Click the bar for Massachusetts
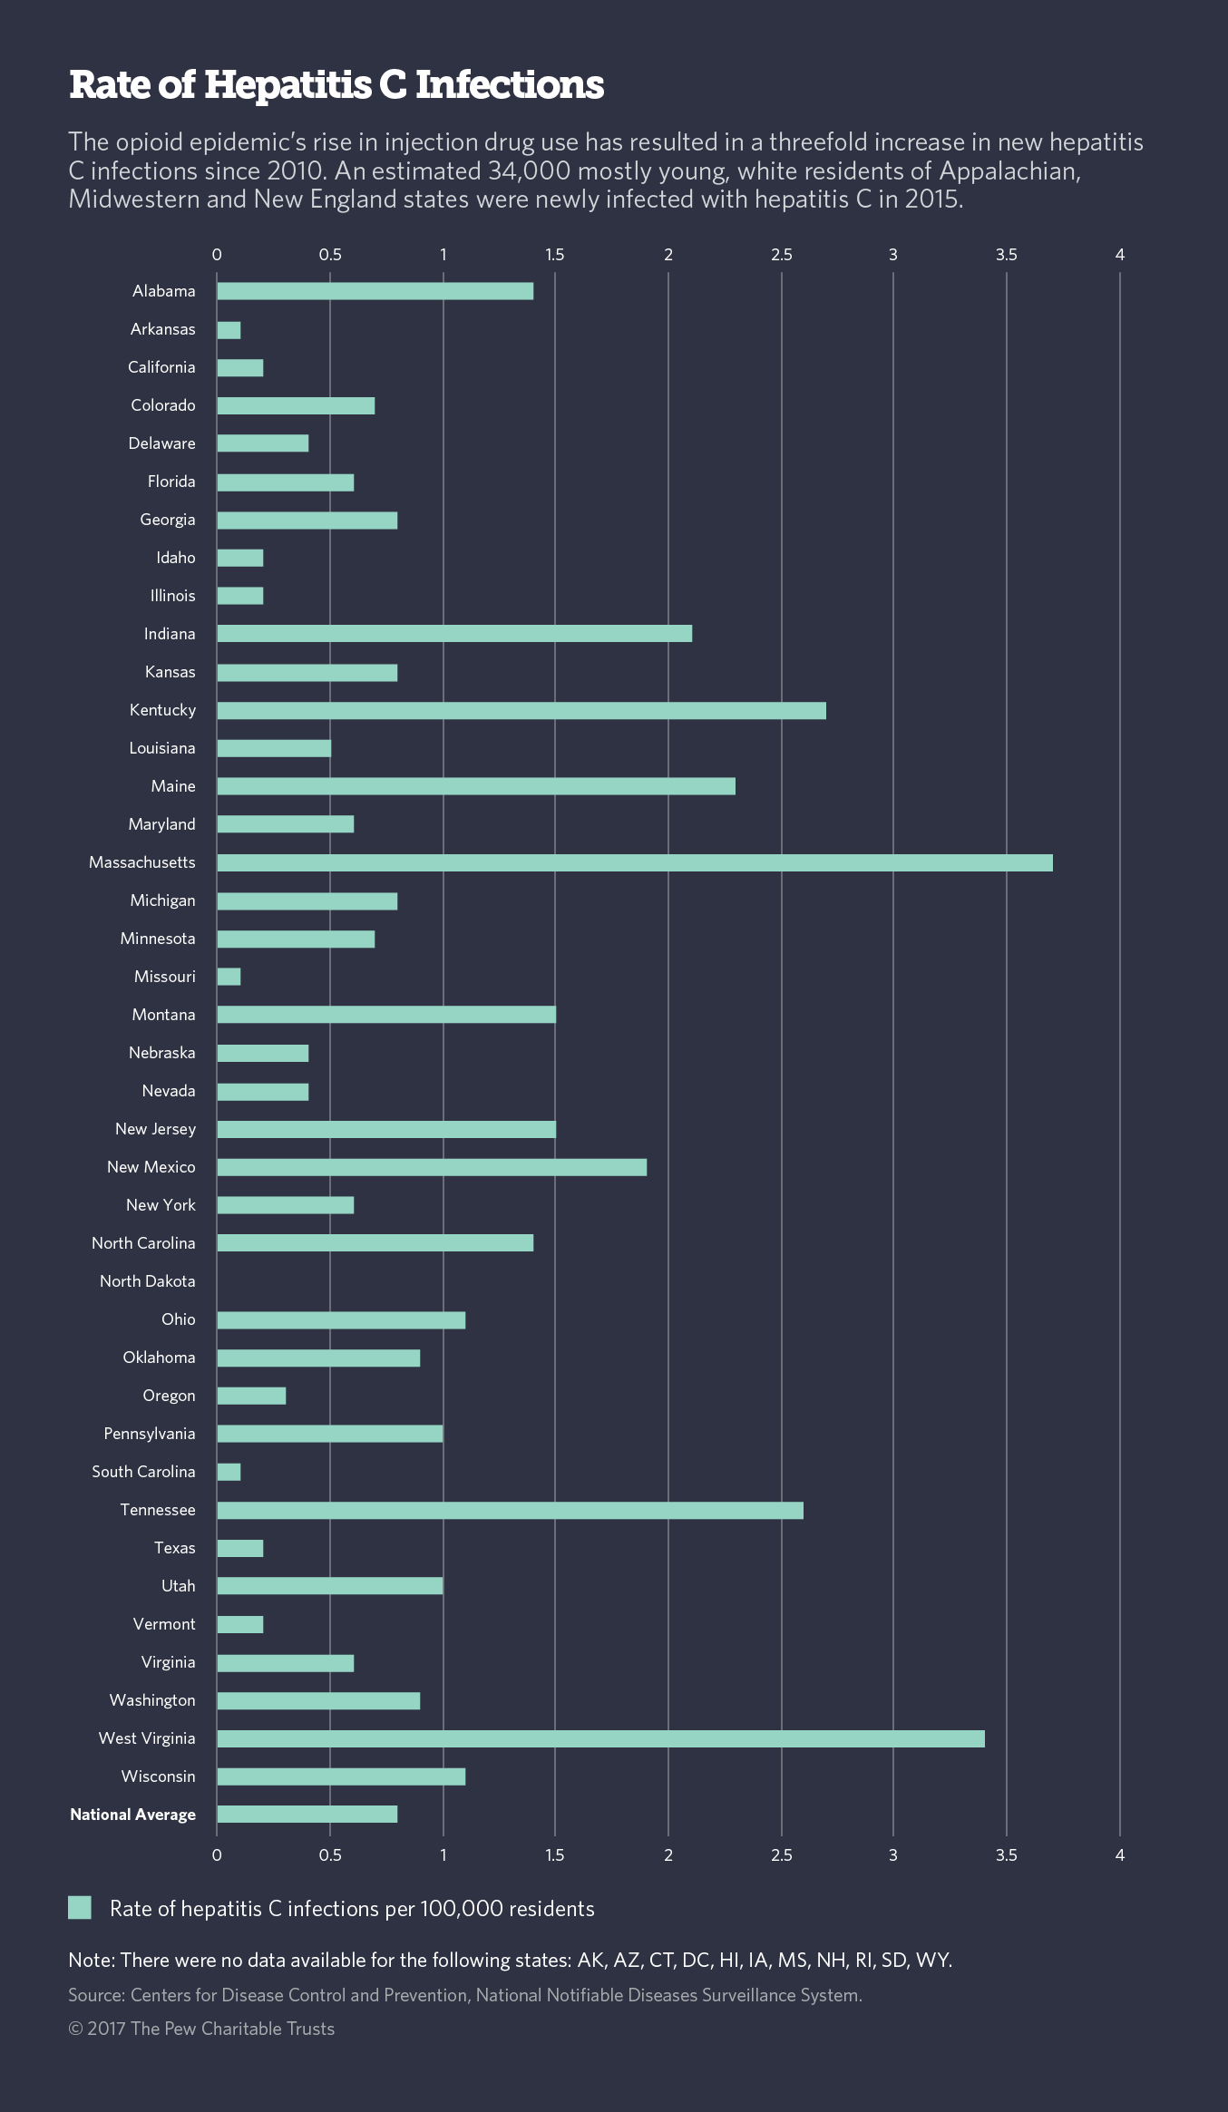[x=635, y=862]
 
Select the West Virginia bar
[x=600, y=1738]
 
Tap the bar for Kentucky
[x=521, y=710]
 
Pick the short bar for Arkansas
[x=229, y=329]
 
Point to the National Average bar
[x=307, y=1815]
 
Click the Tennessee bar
[x=510, y=1510]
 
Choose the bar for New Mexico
[x=432, y=1167]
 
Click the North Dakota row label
[x=148, y=1281]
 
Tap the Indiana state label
[x=170, y=634]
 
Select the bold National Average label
[x=133, y=1815]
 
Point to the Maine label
[x=173, y=786]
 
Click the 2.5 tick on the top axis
[x=781, y=255]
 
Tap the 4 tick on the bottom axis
[x=1119, y=1855]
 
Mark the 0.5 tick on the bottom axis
[x=330, y=1855]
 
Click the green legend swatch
[x=80, y=1908]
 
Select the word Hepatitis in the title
[x=288, y=85]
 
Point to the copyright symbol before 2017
[x=75, y=2029]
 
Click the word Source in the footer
[x=95, y=1995]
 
